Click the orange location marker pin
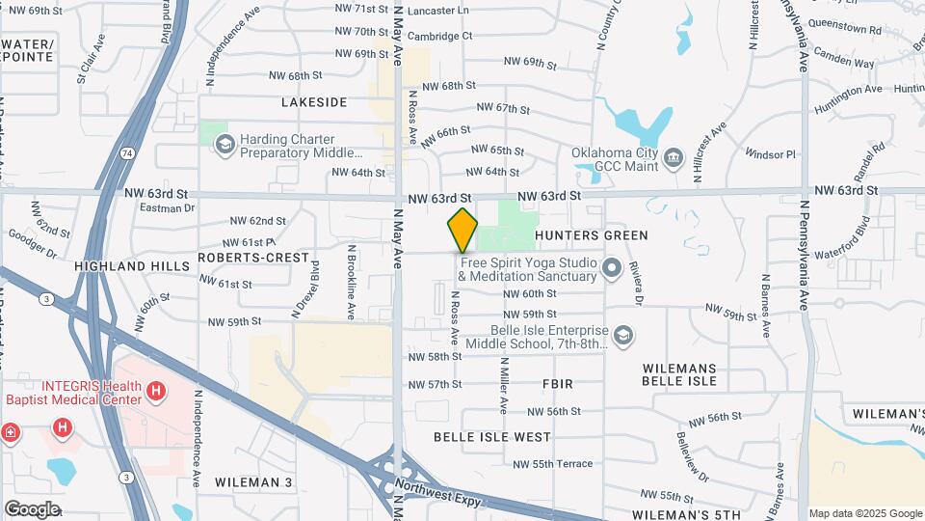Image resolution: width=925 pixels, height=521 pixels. pos(462,231)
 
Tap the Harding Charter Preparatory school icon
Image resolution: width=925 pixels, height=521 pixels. pos(225,145)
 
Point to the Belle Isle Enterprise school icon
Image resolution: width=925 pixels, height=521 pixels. pos(623,335)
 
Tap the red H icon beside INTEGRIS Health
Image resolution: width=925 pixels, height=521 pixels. pos(156,392)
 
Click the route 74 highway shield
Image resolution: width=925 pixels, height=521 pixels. pos(127,152)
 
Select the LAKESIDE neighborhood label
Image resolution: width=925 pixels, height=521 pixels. pos(313,102)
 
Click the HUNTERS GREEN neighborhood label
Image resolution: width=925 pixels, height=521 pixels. pos(591,235)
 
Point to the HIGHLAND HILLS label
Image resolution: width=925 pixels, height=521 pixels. pos(118,266)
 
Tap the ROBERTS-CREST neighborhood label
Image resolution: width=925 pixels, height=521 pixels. pos(253,258)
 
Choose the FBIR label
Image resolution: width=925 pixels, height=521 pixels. pos(558,384)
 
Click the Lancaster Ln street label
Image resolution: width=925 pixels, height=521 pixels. pos(437,10)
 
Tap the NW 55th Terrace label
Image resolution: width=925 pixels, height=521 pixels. pos(553,464)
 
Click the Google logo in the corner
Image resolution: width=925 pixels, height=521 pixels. pos(32,508)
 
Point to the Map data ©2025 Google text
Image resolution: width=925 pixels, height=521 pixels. pos(864,513)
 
